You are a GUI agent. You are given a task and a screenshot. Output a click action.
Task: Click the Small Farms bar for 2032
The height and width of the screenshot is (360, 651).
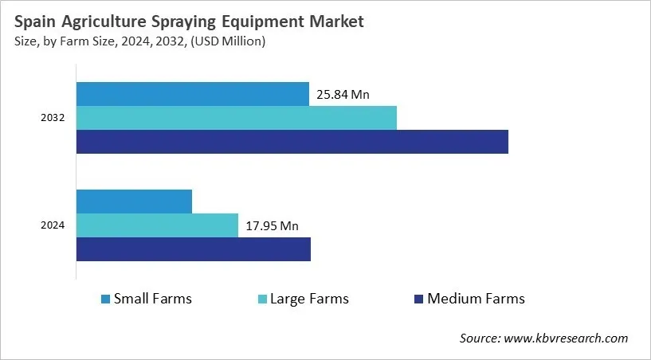[x=192, y=94]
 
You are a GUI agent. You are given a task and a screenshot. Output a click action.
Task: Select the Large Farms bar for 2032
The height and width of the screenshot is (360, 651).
[x=236, y=118]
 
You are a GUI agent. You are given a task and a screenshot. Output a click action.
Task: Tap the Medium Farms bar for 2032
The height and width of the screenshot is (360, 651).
[x=292, y=142]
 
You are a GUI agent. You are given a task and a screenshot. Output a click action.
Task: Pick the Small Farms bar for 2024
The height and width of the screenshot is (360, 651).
[x=134, y=202]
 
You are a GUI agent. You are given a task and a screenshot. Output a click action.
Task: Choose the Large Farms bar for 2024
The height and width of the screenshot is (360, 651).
[x=157, y=225]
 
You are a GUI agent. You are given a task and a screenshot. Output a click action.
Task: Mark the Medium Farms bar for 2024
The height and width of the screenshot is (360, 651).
[x=193, y=249]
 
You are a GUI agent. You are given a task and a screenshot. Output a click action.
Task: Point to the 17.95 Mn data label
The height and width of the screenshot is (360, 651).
[x=272, y=226]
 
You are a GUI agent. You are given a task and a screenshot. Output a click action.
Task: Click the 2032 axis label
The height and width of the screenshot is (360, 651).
[x=53, y=118]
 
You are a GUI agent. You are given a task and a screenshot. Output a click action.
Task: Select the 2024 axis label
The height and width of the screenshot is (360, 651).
[x=53, y=225]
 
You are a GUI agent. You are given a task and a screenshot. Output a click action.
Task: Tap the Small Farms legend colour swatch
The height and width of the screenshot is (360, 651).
[x=105, y=299]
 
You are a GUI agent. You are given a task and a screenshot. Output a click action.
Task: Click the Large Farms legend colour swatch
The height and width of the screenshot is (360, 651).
[x=261, y=299]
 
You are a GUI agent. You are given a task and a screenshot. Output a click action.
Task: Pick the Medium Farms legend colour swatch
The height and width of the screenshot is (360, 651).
[x=418, y=299]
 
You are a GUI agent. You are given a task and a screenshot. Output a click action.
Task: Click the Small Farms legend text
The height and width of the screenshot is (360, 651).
[x=153, y=299]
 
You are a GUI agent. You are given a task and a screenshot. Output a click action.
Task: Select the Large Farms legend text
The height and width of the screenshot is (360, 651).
[x=309, y=299]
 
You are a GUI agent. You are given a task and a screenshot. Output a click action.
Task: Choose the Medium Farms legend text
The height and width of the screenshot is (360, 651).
[x=476, y=299]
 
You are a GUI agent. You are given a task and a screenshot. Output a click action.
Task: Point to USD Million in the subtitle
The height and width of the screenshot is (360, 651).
[x=230, y=41]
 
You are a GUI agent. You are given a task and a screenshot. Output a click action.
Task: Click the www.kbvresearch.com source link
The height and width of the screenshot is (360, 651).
[x=567, y=338]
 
